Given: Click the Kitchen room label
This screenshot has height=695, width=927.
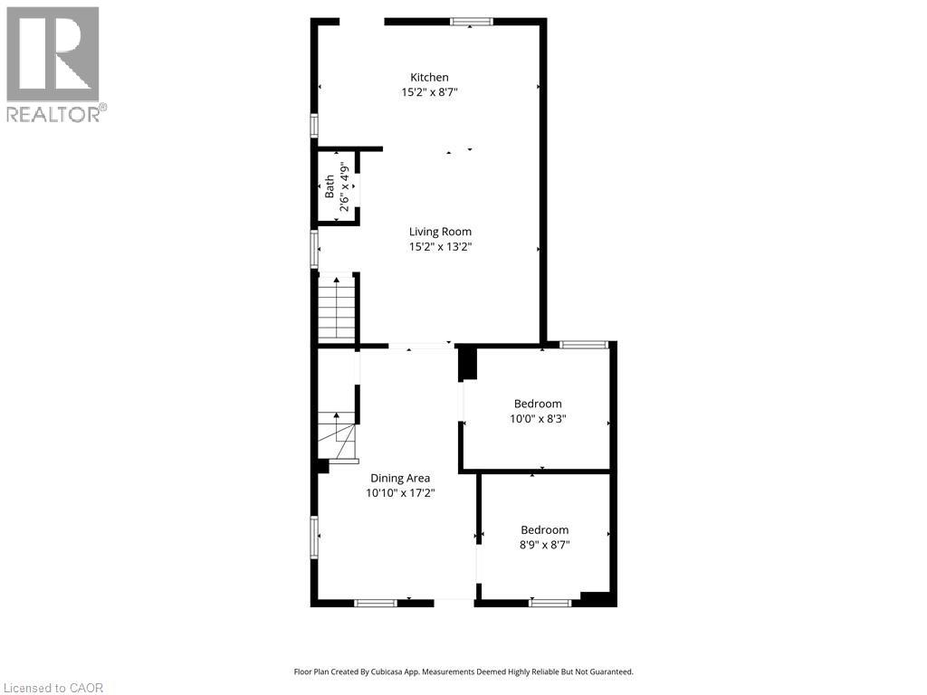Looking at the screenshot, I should coord(429,78).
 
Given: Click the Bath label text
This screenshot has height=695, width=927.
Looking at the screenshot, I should coord(330,188).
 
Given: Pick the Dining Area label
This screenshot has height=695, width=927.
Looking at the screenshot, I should coord(400,479).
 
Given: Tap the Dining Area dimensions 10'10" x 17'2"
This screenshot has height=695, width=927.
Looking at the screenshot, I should coord(400,493).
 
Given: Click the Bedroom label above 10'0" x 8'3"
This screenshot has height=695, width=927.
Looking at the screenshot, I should coord(538,404).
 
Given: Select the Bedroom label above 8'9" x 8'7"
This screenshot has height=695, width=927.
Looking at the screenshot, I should coord(544,530).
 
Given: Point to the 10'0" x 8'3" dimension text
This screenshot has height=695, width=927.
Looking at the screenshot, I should coord(538,418).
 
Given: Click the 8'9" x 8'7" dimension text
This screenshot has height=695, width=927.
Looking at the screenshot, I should coord(544,545).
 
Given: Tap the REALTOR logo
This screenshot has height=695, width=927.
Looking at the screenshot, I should coord(54,63).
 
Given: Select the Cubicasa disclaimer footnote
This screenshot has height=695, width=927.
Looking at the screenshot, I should coord(463,671).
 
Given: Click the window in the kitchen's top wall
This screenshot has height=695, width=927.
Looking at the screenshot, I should coord(472,21).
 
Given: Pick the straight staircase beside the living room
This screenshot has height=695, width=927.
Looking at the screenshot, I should coord(335,308).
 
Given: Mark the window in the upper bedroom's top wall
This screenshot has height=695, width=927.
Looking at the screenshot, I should coord(584,344).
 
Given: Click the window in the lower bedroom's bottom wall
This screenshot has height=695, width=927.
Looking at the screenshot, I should coord(550,602).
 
